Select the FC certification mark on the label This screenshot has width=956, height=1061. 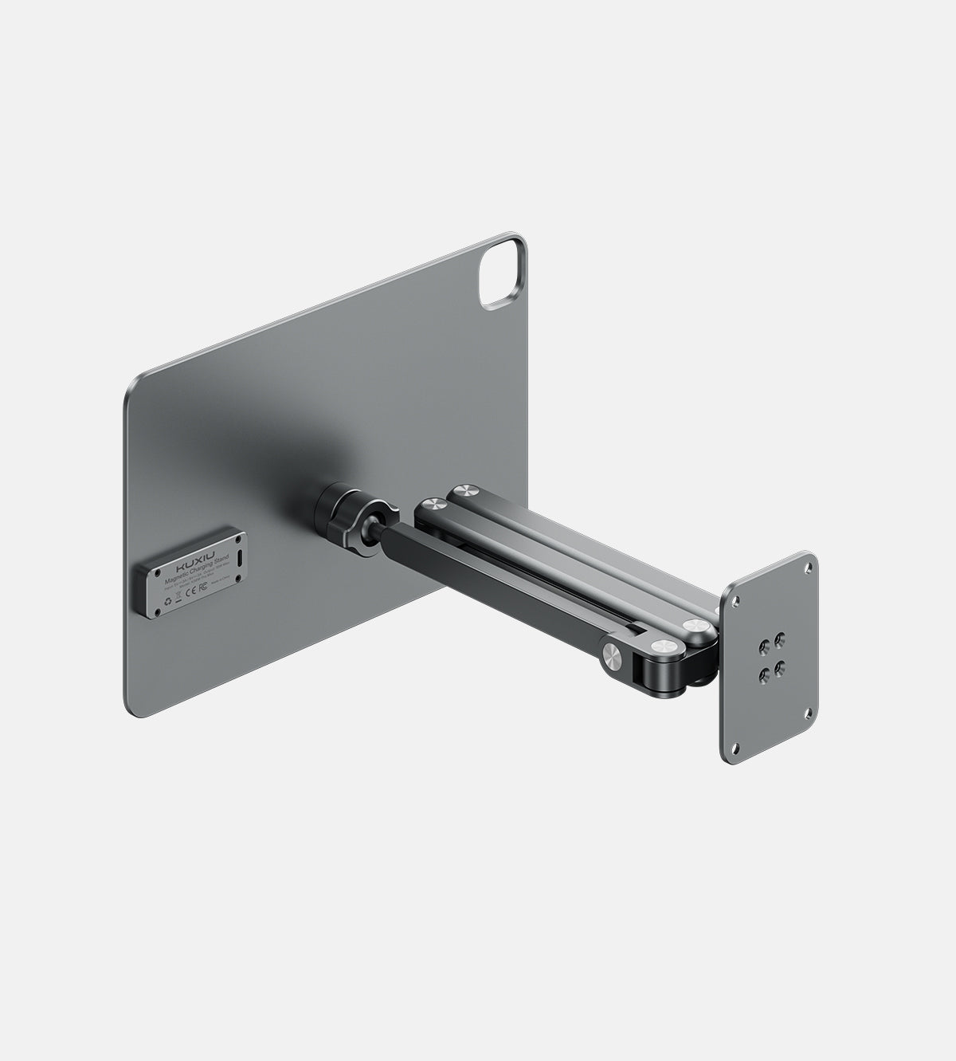pos(203,587)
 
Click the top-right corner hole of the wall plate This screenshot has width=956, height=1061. pos(809,567)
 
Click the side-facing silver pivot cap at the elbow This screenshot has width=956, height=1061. pos(613,655)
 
